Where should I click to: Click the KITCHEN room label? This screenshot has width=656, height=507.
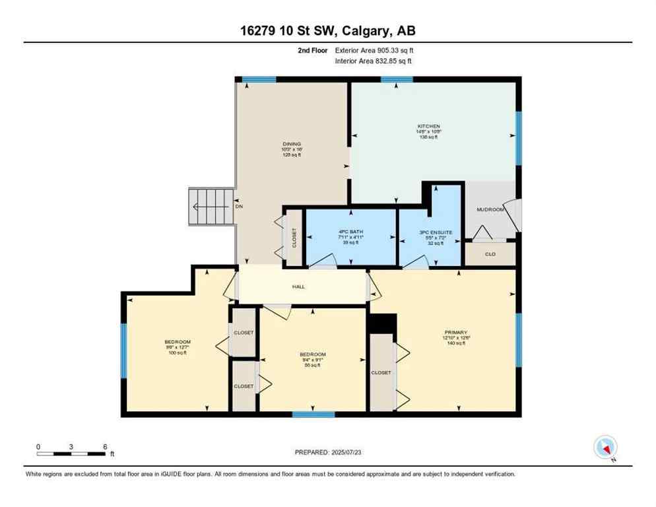(428, 126)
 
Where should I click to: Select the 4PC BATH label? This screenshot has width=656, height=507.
(351, 232)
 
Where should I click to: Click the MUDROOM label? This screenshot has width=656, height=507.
(490, 209)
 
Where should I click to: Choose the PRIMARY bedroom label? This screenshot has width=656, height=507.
(455, 332)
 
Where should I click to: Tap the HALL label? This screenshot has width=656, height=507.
(299, 287)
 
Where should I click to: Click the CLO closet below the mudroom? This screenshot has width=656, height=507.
(490, 253)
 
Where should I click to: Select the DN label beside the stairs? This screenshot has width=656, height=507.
(240, 206)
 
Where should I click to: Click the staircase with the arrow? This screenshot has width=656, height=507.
(211, 206)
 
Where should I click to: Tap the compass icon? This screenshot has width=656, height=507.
(605, 448)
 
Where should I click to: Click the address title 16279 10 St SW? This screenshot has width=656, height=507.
(327, 30)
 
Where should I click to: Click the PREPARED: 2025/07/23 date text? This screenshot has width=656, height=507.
(327, 452)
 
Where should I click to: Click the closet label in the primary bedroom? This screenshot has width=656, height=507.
(381, 372)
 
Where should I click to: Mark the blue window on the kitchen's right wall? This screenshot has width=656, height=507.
(519, 138)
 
